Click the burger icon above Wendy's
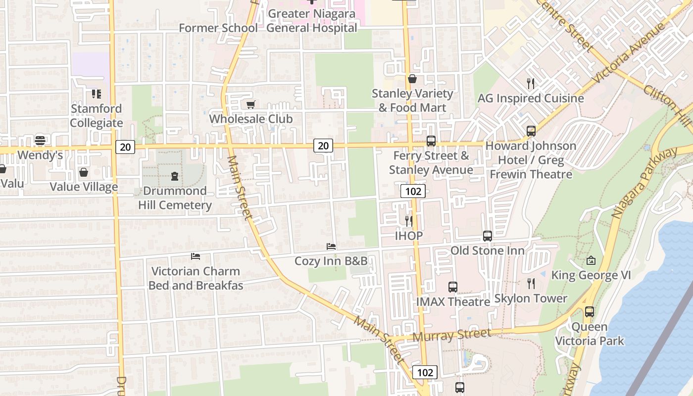pyautogui.click(x=40, y=141)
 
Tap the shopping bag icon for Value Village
pyautogui.click(x=83, y=172)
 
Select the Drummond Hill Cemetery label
pyautogui.click(x=175, y=198)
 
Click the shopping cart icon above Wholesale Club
pyautogui.click(x=250, y=104)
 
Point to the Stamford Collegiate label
pyautogui.click(x=97, y=116)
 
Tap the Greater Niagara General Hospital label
pyautogui.click(x=312, y=21)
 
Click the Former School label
pyautogui.click(x=218, y=28)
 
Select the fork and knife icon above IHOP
pyautogui.click(x=409, y=221)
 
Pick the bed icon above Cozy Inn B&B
pyautogui.click(x=331, y=246)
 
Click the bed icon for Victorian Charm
pyautogui.click(x=196, y=256)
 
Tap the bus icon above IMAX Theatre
pyautogui.click(x=453, y=287)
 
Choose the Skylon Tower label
pyautogui.click(x=531, y=298)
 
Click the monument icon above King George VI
pyautogui.click(x=591, y=260)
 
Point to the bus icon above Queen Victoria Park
pyautogui.click(x=589, y=312)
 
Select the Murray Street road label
pyautogui.click(x=452, y=335)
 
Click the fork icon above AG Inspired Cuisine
pyautogui.click(x=531, y=83)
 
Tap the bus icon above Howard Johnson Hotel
pyautogui.click(x=531, y=131)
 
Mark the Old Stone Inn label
pyautogui.click(x=487, y=250)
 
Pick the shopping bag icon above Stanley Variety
pyautogui.click(x=412, y=79)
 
